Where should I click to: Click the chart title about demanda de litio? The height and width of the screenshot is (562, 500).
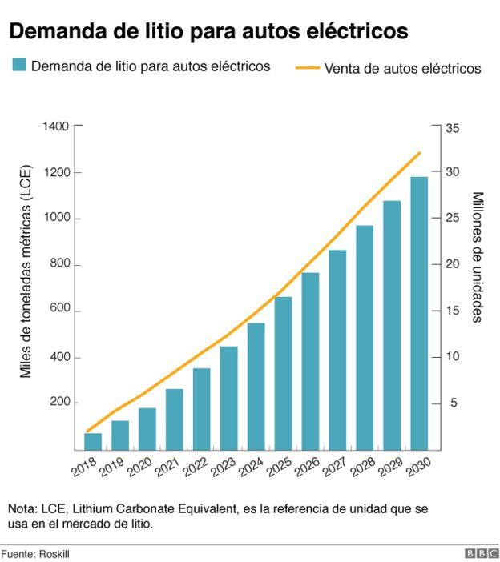[208, 32]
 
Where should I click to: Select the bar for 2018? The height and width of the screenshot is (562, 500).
[93, 441]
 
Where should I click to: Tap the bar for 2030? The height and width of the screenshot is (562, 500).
[419, 313]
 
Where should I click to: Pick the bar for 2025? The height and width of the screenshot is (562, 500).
[283, 373]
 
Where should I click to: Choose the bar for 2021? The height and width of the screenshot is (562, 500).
[175, 419]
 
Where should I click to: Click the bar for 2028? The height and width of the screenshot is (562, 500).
[365, 337]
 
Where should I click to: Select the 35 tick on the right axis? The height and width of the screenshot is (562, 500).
[453, 127]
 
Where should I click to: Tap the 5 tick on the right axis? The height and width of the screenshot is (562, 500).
[453, 403]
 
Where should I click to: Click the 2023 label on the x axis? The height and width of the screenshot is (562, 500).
[224, 467]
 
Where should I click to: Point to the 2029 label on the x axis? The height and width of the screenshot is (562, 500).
[390, 467]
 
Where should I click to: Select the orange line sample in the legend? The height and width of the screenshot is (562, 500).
[307, 68]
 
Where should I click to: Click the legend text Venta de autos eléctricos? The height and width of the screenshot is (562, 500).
[402, 69]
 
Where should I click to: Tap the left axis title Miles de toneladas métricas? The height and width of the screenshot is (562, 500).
[26, 271]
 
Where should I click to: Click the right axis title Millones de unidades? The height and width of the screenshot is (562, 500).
[477, 257]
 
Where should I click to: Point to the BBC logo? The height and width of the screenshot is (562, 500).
[481, 553]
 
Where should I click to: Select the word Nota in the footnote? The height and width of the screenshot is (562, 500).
[21, 509]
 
